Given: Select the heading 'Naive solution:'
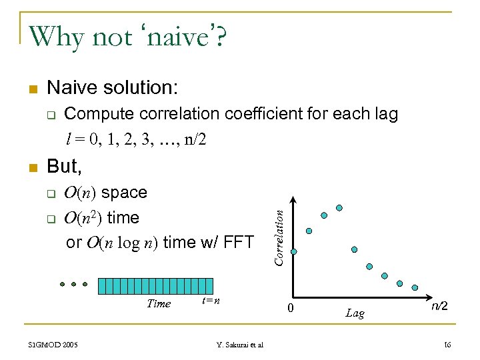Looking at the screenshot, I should (113, 87).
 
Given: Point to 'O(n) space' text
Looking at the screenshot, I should (105, 193).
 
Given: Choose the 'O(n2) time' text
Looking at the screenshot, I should (101, 217).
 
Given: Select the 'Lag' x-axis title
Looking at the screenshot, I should (355, 313).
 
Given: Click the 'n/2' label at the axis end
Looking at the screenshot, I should (439, 307).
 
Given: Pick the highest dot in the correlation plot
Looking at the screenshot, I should (339, 208).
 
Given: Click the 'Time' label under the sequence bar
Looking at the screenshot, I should (158, 304).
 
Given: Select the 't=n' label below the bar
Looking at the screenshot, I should (211, 301).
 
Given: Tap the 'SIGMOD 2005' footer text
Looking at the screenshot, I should (53, 345).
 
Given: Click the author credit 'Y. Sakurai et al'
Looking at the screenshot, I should (240, 345).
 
